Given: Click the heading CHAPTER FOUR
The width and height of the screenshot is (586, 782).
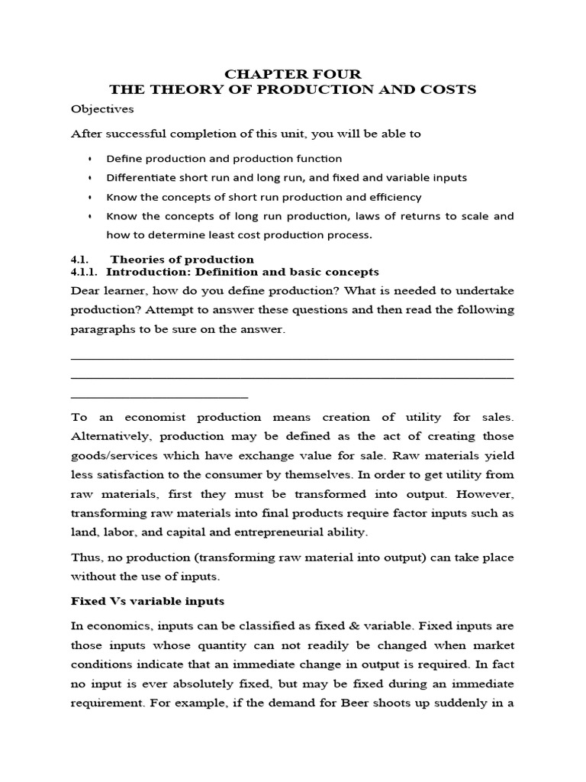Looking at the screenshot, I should tap(292, 74).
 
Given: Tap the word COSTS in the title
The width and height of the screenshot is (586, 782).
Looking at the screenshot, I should tap(449, 90).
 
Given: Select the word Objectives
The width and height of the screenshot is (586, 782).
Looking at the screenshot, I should tap(101, 109).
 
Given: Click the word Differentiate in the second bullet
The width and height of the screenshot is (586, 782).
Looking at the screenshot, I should tap(139, 177).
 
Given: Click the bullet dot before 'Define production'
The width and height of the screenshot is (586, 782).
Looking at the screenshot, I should tap(89, 159).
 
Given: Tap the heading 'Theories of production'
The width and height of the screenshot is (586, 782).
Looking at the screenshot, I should tap(182, 260).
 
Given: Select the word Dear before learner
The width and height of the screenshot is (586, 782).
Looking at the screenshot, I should tap(85, 291).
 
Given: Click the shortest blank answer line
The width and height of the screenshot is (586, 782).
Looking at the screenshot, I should tap(159, 396).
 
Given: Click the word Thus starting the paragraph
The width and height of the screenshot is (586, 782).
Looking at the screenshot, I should tap(85, 557).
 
